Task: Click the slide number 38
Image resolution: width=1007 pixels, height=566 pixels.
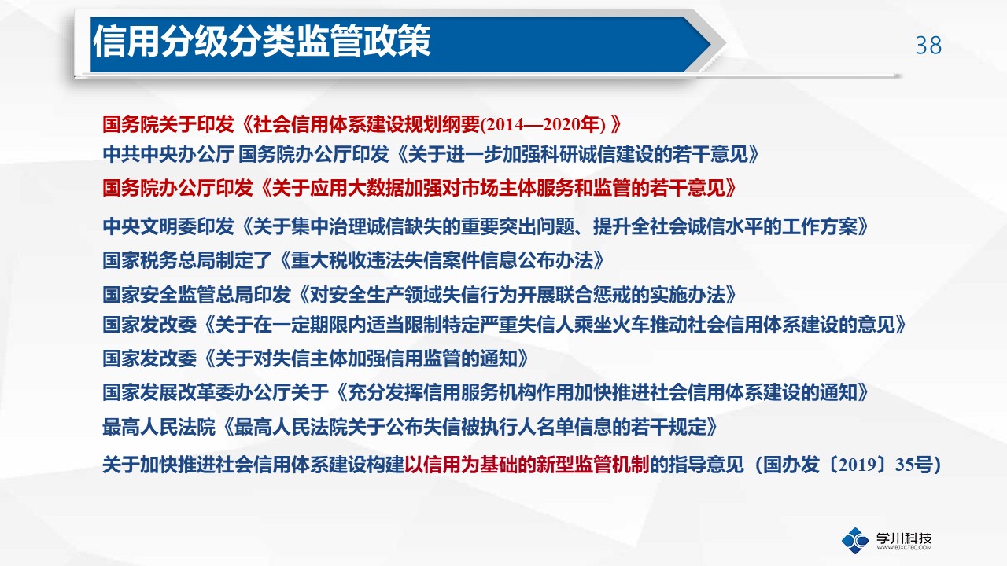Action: [928, 46]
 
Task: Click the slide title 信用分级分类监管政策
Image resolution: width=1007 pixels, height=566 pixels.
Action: [262, 42]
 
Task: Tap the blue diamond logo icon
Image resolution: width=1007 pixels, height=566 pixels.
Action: [855, 540]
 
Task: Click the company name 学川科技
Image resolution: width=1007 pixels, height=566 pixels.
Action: [904, 538]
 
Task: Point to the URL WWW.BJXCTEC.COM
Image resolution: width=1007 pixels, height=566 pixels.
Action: [904, 548]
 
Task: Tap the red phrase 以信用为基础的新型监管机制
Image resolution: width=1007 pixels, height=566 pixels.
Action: [527, 465]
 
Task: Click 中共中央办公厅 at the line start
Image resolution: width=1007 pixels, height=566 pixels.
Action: [168, 154]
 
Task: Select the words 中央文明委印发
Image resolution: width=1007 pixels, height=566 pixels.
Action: [168, 226]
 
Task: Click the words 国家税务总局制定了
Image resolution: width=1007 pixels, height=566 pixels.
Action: [187, 260]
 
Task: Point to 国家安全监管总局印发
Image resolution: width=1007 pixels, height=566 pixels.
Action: [197, 295]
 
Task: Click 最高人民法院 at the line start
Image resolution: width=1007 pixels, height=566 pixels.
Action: [159, 427]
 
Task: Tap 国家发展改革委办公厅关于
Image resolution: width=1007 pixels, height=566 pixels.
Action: [216, 392]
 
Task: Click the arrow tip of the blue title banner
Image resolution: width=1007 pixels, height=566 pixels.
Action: [710, 44]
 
